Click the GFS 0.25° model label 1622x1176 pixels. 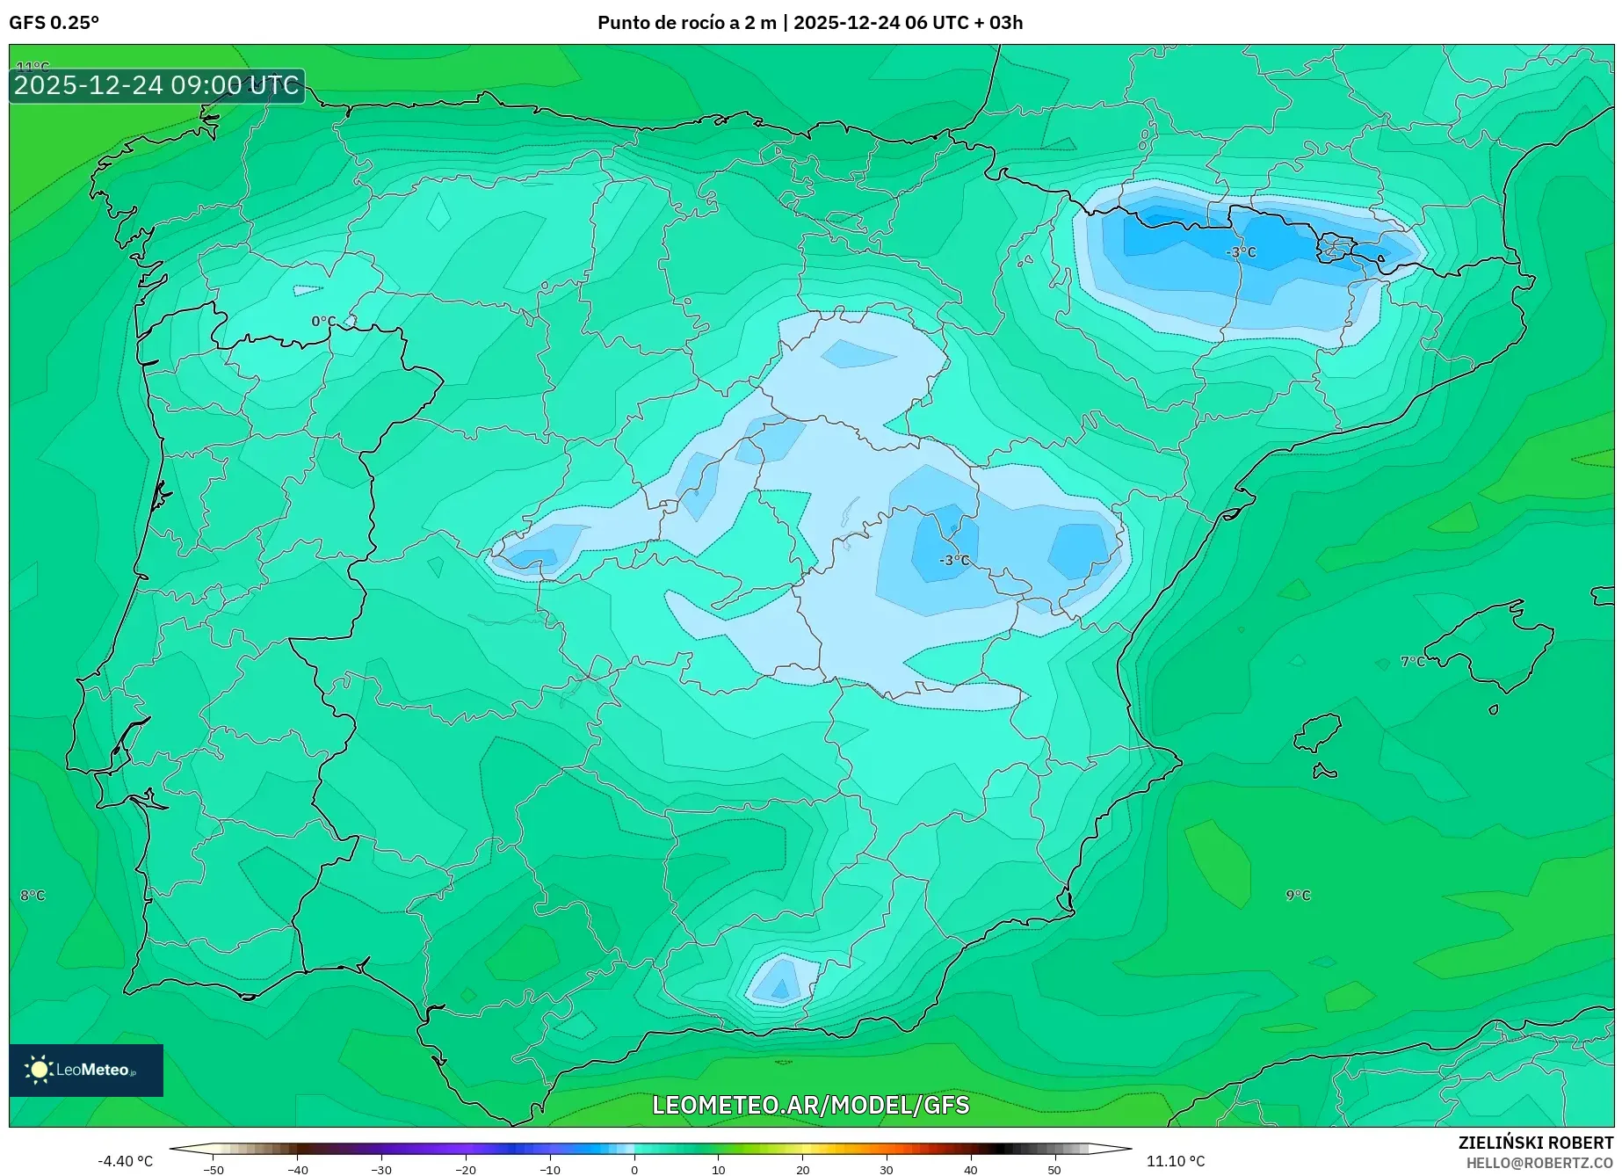pyautogui.click(x=54, y=23)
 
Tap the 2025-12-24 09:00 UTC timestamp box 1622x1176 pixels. pyautogui.click(x=156, y=85)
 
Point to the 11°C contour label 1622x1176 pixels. pyautogui.click(x=33, y=67)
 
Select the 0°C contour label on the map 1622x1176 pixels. pyautogui.click(x=323, y=322)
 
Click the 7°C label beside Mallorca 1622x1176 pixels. pyautogui.click(x=1413, y=661)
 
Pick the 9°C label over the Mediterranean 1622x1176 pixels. pyautogui.click(x=1298, y=895)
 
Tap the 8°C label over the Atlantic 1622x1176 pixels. pyautogui.click(x=33, y=895)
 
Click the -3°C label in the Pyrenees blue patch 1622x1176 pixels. pyautogui.click(x=1241, y=252)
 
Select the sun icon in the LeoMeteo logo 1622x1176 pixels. pyautogui.click(x=39, y=1069)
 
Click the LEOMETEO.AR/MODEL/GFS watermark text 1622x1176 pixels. pyautogui.click(x=810, y=1105)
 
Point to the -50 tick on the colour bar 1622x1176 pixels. pyautogui.click(x=214, y=1169)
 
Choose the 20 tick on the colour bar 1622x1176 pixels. pyautogui.click(x=802, y=1169)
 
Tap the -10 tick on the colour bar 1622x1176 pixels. pyautogui.click(x=549, y=1169)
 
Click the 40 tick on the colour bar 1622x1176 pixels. pyautogui.click(x=970, y=1169)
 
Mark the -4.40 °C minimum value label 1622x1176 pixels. pyautogui.click(x=125, y=1161)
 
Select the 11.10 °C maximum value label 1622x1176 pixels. pyautogui.click(x=1176, y=1161)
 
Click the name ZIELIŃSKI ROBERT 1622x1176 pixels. pyautogui.click(x=1535, y=1143)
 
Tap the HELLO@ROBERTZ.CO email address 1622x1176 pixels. pyautogui.click(x=1539, y=1162)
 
